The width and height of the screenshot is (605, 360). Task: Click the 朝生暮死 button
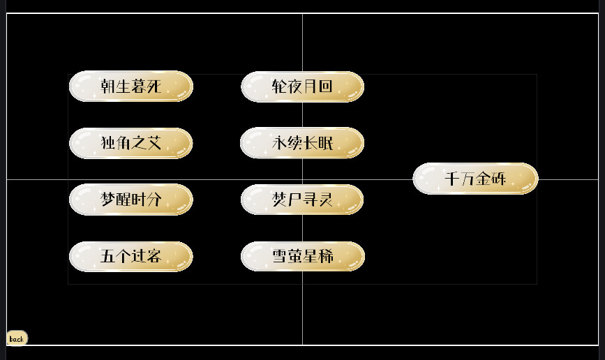130,86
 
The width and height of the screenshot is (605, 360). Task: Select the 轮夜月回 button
303,87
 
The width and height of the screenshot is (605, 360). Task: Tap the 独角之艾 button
130,143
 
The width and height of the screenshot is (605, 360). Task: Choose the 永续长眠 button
302,143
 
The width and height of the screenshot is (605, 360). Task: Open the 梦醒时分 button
130,200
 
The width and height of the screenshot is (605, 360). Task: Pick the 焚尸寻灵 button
302,200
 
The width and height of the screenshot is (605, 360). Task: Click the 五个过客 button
130,256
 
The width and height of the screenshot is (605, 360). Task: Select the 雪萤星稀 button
303,256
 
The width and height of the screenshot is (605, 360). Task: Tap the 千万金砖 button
475,179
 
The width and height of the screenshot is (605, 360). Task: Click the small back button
17,338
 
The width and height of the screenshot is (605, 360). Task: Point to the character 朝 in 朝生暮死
108,86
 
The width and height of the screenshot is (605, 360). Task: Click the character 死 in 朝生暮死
154,86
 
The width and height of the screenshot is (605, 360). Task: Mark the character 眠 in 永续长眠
325,143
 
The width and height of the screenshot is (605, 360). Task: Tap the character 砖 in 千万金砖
498,179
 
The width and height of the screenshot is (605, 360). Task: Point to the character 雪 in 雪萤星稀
280,256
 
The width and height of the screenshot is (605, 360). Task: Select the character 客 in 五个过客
154,256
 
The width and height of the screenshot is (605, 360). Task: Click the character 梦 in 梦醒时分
108,200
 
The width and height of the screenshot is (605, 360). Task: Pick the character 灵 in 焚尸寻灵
325,200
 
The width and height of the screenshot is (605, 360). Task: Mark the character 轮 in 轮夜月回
279,87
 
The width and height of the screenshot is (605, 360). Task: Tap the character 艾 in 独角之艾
154,143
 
